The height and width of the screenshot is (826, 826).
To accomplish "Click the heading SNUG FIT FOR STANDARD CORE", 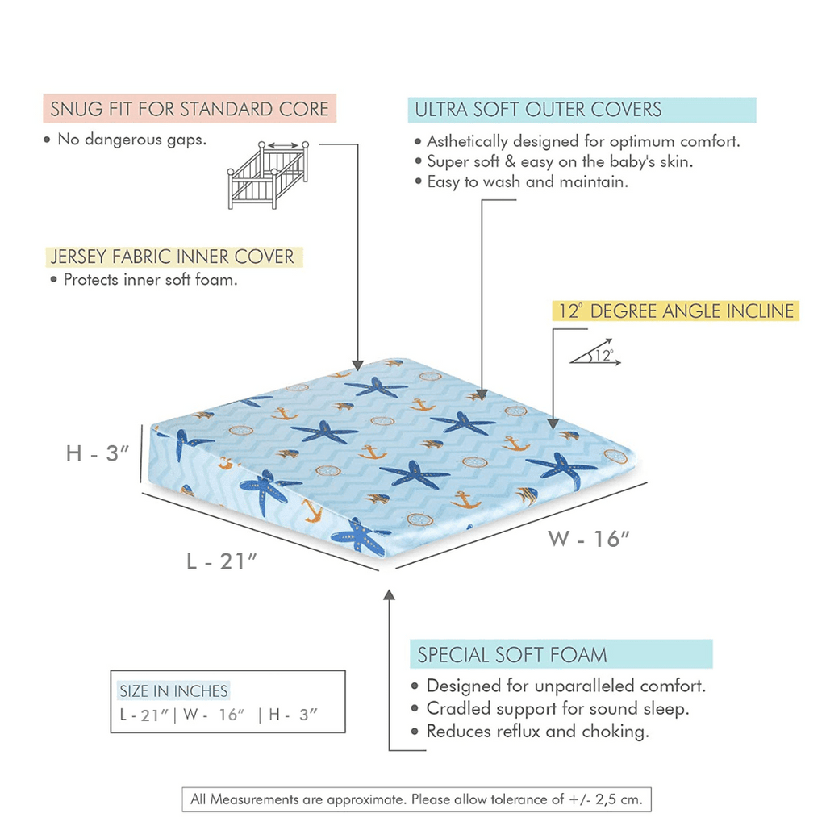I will pyautogui.click(x=190, y=109).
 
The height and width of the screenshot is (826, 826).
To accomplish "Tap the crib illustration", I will pyautogui.click(x=268, y=175).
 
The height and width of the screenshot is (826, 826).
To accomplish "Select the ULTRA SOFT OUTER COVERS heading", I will pyautogui.click(x=538, y=110).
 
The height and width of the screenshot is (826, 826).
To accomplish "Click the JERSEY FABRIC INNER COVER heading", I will pyautogui.click(x=173, y=257).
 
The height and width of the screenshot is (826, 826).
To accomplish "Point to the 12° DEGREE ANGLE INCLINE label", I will pyautogui.click(x=675, y=311).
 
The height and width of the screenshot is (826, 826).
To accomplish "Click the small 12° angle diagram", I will pyautogui.click(x=595, y=356).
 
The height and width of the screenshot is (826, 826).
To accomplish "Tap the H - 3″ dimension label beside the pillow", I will pyautogui.click(x=98, y=454).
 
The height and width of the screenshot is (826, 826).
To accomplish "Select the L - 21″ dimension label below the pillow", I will pyautogui.click(x=221, y=561).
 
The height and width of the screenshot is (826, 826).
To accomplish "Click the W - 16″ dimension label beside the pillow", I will pyautogui.click(x=589, y=539).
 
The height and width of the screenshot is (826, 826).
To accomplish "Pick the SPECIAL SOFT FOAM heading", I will pyautogui.click(x=512, y=654).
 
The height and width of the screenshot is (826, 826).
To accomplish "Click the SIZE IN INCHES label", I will pyautogui.click(x=173, y=691).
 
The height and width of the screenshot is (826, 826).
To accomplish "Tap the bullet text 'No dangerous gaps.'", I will pyautogui.click(x=131, y=140).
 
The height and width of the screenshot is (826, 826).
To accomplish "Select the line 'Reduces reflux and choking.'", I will pyautogui.click(x=537, y=732).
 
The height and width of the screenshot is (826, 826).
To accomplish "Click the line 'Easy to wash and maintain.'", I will pyautogui.click(x=527, y=181).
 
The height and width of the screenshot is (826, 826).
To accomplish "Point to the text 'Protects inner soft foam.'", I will pyautogui.click(x=150, y=280).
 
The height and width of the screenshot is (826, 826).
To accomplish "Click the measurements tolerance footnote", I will pyautogui.click(x=416, y=799).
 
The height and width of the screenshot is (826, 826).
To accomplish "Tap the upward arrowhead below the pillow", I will pyautogui.click(x=389, y=595).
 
